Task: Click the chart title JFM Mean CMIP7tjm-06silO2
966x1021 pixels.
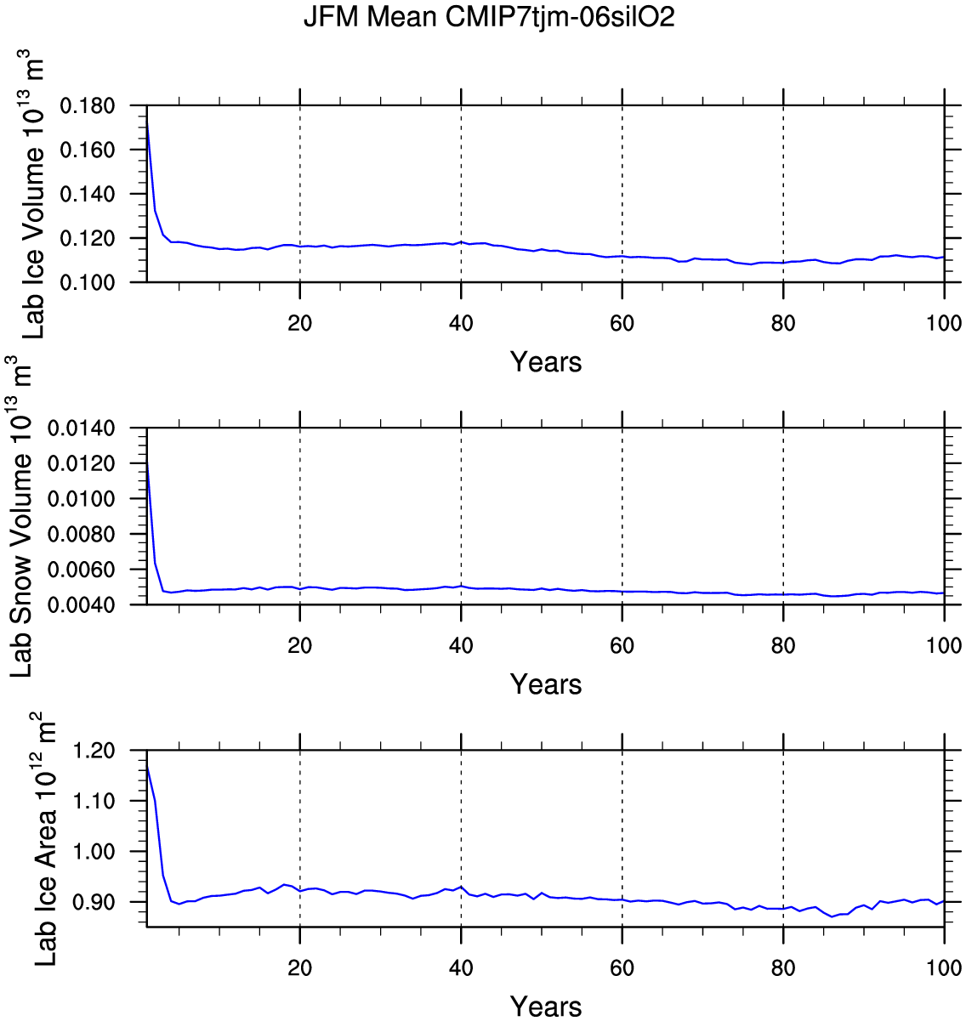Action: [x=489, y=18]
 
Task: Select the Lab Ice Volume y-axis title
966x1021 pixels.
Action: [x=34, y=196]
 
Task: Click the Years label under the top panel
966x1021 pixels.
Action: [x=546, y=362]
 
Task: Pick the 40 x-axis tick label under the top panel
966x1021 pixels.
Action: [x=461, y=323]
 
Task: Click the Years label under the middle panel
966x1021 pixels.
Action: [x=546, y=684]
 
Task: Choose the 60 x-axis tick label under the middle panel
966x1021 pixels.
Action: [x=622, y=645]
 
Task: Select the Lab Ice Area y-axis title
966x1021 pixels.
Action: [x=44, y=842]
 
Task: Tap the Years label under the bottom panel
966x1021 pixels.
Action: [x=546, y=1007]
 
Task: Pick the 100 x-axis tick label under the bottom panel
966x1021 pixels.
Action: [x=944, y=967]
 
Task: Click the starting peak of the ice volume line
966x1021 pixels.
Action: [x=148, y=124]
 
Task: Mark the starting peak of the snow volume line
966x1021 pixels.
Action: [x=148, y=462]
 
